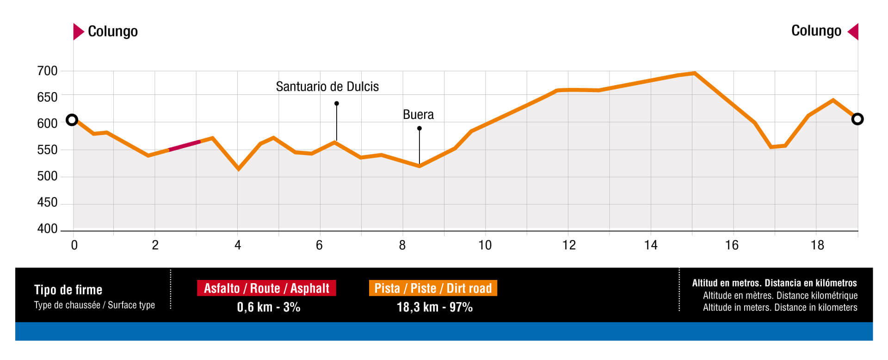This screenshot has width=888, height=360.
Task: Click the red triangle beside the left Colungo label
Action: pyautogui.click(x=78, y=31)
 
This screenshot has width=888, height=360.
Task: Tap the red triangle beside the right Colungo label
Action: pyautogui.click(x=854, y=31)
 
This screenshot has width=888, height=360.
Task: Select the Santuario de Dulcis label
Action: pyautogui.click(x=327, y=87)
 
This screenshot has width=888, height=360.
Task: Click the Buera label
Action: pyautogui.click(x=418, y=115)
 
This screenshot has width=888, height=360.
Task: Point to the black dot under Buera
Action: pyautogui.click(x=419, y=128)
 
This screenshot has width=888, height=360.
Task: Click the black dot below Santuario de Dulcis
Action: pyautogui.click(x=337, y=104)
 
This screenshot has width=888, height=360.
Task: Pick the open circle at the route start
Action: pyautogui.click(x=72, y=120)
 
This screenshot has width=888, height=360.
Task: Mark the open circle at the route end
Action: pyautogui.click(x=857, y=119)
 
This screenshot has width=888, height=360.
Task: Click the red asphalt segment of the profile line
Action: pyautogui.click(x=185, y=145)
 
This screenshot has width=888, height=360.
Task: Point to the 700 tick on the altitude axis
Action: pyautogui.click(x=47, y=71)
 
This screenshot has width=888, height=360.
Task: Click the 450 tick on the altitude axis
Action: pyautogui.click(x=47, y=203)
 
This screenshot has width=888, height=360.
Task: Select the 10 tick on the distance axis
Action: pyautogui.click(x=485, y=245)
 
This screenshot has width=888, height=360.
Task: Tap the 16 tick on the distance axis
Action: pyautogui.click(x=732, y=245)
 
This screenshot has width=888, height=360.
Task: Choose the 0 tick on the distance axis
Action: pyautogui.click(x=74, y=245)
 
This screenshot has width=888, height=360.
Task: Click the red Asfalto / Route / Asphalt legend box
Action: pyautogui.click(x=266, y=288)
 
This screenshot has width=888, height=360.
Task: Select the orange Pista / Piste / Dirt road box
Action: pyautogui.click(x=433, y=288)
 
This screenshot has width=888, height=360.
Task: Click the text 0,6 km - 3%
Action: pyautogui.click(x=268, y=307)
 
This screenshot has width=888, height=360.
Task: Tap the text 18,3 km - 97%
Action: pyautogui.click(x=434, y=307)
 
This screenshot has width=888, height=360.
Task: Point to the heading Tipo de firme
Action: pyautogui.click(x=68, y=290)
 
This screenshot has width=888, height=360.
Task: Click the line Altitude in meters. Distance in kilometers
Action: pyautogui.click(x=780, y=308)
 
